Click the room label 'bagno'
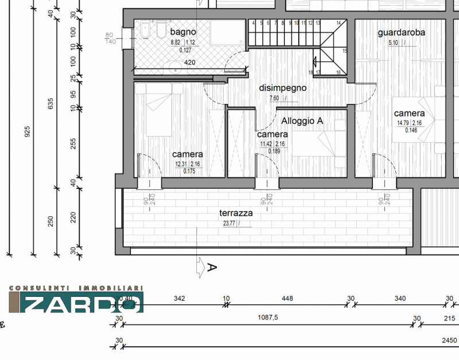(x=183, y=32)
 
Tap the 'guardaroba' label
(x=401, y=33)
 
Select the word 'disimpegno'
(x=282, y=88)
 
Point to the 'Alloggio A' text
(x=302, y=121)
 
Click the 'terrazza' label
(x=236, y=212)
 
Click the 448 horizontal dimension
(x=287, y=298)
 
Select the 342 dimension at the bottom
(x=179, y=298)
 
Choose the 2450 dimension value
(x=449, y=340)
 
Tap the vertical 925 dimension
(x=27, y=131)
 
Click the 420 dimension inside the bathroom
(x=189, y=63)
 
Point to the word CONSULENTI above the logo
(x=36, y=288)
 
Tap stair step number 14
(x=339, y=23)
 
